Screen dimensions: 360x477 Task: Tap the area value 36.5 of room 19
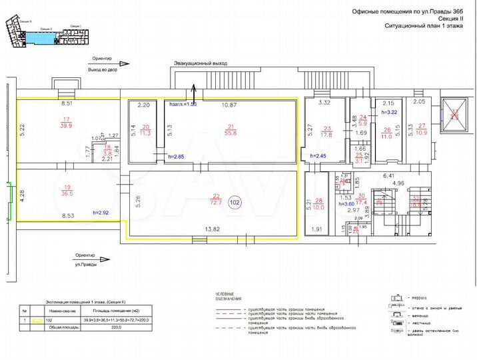click(67, 195)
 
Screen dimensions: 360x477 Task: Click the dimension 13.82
click(214, 229)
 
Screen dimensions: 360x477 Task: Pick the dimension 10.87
click(229, 105)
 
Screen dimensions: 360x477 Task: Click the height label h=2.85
click(176, 156)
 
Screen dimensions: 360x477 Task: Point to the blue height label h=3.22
click(389, 113)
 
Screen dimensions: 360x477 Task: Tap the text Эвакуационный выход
click(201, 63)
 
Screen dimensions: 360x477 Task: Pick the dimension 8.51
click(67, 105)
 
